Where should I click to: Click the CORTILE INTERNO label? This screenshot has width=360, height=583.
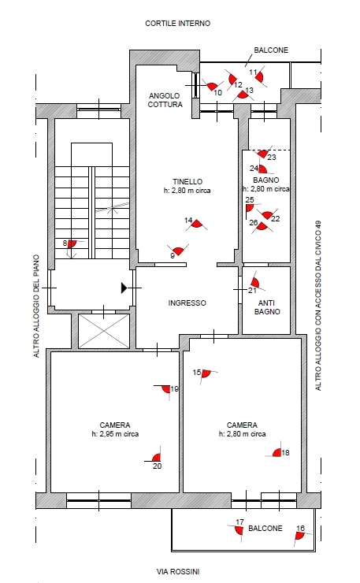point(178,24)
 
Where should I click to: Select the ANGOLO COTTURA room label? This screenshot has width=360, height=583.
point(165,100)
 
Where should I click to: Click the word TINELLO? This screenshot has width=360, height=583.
point(187,182)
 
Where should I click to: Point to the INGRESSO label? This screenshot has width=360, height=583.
point(187,303)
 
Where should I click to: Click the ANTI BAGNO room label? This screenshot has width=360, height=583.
point(267,307)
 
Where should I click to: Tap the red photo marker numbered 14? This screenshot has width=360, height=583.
point(197,224)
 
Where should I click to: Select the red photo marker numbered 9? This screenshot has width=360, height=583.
point(179,251)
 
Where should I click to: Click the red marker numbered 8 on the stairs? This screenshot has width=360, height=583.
point(72,244)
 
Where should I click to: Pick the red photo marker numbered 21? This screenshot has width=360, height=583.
point(254,282)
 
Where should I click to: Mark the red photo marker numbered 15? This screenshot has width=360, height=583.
point(206,373)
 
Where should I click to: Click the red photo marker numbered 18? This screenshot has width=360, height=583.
point(277,452)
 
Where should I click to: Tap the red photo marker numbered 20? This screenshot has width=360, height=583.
point(157,458)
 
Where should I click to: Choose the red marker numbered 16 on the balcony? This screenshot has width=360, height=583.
point(300,536)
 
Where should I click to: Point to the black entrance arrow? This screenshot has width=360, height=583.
point(124,288)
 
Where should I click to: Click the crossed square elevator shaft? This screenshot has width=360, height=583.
point(104,331)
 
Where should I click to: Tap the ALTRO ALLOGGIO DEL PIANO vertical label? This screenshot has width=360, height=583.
point(36,306)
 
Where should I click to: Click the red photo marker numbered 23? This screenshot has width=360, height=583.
point(263,153)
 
